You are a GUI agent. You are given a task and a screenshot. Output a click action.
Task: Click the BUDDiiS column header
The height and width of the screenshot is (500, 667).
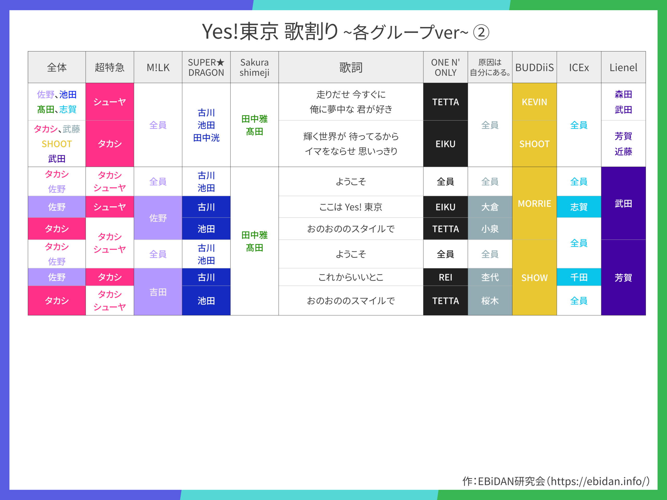click(534, 67)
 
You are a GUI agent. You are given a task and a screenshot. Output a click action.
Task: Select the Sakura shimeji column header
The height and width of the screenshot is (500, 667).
click(255, 67)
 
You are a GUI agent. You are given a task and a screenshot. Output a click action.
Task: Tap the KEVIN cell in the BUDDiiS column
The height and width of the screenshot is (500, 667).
click(534, 102)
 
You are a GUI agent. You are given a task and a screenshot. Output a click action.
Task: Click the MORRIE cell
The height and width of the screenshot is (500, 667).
click(534, 203)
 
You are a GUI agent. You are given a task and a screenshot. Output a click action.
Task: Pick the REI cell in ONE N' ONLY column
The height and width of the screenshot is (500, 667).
click(445, 277)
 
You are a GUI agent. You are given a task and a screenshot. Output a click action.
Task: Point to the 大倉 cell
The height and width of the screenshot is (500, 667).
click(490, 207)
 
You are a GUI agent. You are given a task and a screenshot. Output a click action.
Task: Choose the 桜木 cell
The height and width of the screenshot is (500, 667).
click(490, 301)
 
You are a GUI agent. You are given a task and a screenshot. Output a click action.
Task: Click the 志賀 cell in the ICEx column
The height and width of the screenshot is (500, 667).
click(579, 207)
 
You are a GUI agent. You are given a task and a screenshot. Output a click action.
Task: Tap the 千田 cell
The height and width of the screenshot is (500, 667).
click(579, 277)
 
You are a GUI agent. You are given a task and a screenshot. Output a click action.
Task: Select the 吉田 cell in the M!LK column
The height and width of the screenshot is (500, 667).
click(158, 292)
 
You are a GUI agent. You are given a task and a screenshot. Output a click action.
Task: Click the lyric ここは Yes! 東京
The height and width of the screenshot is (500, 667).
click(351, 207)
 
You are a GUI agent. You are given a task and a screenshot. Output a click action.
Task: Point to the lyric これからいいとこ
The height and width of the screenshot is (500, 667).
click(351, 277)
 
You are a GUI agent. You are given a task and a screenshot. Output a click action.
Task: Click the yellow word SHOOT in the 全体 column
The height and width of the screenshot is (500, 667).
click(57, 144)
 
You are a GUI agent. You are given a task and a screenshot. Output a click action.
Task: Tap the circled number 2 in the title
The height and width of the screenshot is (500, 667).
click(481, 32)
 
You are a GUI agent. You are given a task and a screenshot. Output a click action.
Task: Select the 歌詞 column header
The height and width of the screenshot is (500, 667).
click(351, 67)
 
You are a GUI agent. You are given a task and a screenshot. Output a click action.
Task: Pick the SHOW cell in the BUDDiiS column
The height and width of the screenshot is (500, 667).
click(534, 278)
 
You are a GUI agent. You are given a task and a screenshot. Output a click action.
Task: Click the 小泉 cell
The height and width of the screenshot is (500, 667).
click(490, 229)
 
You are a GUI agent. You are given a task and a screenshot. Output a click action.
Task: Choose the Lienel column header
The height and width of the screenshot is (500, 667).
click(623, 67)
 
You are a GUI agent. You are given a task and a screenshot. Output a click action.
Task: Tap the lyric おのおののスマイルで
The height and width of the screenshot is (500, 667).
click(351, 301)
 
